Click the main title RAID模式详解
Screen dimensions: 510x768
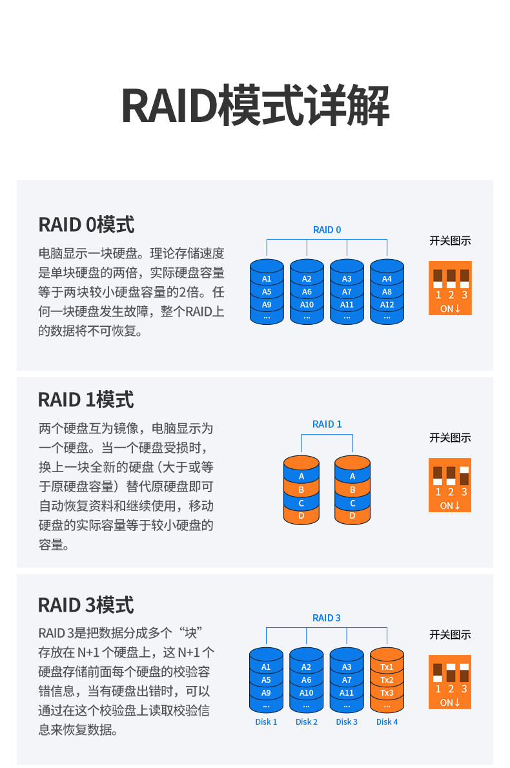click(x=255, y=105)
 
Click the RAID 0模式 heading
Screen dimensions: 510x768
click(x=87, y=225)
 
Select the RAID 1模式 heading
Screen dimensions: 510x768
click(x=86, y=400)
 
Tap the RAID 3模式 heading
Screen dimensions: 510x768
click(x=86, y=605)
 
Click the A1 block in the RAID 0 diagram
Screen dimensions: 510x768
click(x=267, y=279)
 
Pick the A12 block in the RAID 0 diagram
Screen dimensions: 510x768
click(x=387, y=304)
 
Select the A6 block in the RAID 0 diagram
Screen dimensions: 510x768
click(x=307, y=291)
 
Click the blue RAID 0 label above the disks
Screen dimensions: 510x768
click(x=327, y=230)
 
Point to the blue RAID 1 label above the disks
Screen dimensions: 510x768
click(x=327, y=424)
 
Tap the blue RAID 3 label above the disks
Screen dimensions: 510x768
click(x=327, y=618)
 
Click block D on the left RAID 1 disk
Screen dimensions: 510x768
click(x=301, y=516)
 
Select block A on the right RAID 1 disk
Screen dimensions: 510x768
click(x=352, y=476)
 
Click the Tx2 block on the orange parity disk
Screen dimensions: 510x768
click(x=387, y=680)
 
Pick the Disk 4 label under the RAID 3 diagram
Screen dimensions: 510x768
click(x=387, y=721)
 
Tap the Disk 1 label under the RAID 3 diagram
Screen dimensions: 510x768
click(x=266, y=721)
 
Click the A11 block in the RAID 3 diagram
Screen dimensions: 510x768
click(x=347, y=692)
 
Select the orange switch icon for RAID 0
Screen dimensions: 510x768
click(x=450, y=288)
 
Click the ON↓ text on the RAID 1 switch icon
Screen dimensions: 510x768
click(x=450, y=506)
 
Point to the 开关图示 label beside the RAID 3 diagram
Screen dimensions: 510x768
click(x=450, y=635)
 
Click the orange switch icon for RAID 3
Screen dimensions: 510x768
click(x=450, y=682)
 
